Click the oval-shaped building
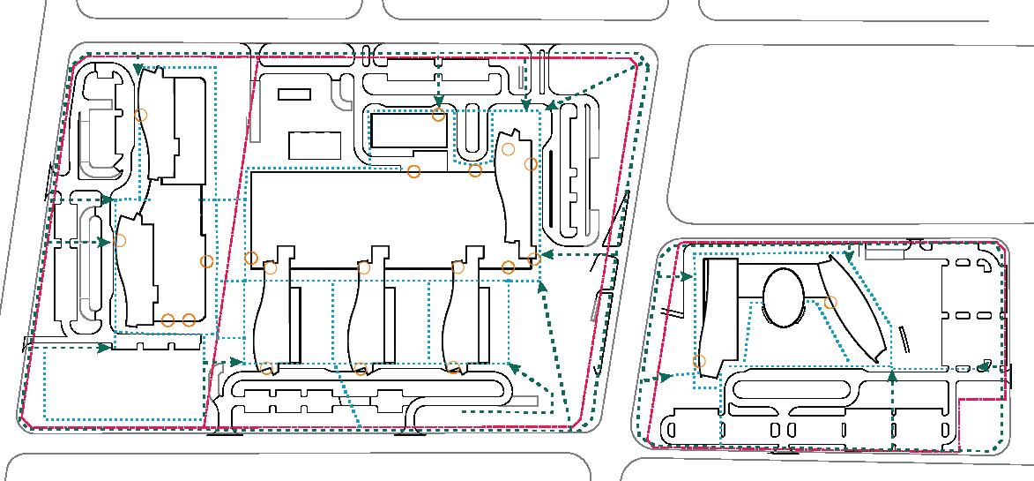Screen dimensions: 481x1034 (x=784, y=297)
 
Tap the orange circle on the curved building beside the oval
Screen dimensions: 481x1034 (x=829, y=303)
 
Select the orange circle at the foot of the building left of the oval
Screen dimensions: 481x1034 (x=699, y=361)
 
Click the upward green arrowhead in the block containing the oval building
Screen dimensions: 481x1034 (x=893, y=377)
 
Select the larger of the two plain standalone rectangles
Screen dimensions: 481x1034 (x=315, y=145)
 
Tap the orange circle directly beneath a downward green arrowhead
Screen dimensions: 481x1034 (x=439, y=116)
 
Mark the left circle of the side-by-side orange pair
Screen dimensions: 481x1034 (x=168, y=319)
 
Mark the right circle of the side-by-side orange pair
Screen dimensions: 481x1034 (x=189, y=319)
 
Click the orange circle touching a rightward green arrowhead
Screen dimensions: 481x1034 (x=121, y=240)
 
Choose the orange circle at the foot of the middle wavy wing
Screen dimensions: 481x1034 (x=361, y=368)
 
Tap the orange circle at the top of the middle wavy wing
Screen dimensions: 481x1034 (x=363, y=267)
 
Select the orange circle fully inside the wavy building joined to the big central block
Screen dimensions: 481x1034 (x=509, y=149)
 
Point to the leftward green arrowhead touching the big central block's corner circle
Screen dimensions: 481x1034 (x=547, y=255)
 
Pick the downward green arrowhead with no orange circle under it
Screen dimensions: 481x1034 (x=526, y=106)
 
